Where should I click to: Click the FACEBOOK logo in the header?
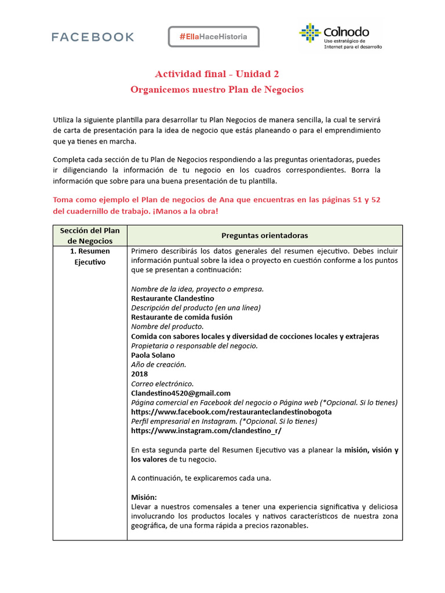click(93, 37)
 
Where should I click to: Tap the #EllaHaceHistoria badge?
click(213, 36)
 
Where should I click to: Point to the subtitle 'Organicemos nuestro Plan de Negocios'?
click(217, 90)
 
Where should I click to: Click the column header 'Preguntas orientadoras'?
click(264, 236)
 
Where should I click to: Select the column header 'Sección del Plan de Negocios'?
click(90, 236)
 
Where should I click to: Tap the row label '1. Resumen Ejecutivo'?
click(90, 257)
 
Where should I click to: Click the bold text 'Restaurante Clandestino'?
click(172, 298)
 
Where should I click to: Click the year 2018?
click(140, 374)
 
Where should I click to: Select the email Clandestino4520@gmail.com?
click(181, 393)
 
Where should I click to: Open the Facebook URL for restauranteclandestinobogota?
click(231, 412)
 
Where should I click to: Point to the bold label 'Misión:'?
click(144, 497)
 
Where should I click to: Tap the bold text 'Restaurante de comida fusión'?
click(181, 317)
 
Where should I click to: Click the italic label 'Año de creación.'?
click(158, 365)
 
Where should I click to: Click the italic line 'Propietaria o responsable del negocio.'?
click(194, 346)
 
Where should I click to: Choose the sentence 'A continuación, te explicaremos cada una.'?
click(200, 478)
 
